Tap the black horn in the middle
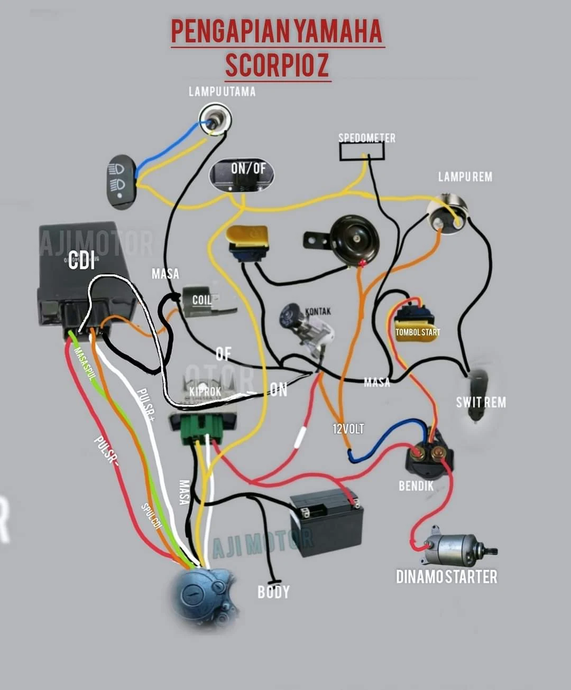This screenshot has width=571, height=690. tap(354, 240)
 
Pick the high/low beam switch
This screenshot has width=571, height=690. tap(121, 181)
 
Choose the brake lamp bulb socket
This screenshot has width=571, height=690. tap(447, 214)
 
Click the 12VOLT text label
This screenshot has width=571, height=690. tap(348, 428)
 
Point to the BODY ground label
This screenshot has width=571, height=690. tap(273, 592)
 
